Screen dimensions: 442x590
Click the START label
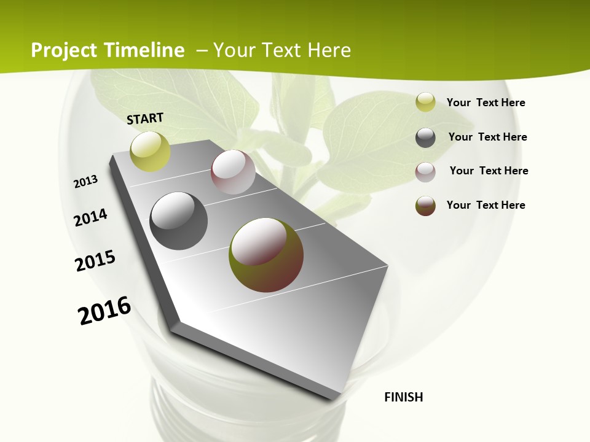[x=145, y=118]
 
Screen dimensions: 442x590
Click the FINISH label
[x=403, y=397]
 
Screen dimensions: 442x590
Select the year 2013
[x=85, y=182]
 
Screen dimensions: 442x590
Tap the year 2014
[x=90, y=217]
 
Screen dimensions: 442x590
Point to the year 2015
[x=95, y=261]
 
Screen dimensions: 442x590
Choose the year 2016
[x=104, y=311]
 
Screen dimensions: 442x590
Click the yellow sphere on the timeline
[x=150, y=151]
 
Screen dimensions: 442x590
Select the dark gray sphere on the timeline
[x=178, y=221]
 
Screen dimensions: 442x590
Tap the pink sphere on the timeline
[x=233, y=172]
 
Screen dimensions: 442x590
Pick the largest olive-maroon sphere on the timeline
[x=266, y=255]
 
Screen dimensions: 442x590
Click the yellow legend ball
[x=425, y=103]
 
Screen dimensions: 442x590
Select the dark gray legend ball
[x=425, y=138]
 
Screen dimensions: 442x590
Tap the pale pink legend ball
[x=425, y=171]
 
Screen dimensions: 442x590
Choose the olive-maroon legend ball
[x=425, y=206]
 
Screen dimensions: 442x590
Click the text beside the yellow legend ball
[x=486, y=103]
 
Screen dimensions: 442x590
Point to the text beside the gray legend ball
[x=487, y=137]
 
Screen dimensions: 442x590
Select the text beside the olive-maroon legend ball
[x=486, y=205]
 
